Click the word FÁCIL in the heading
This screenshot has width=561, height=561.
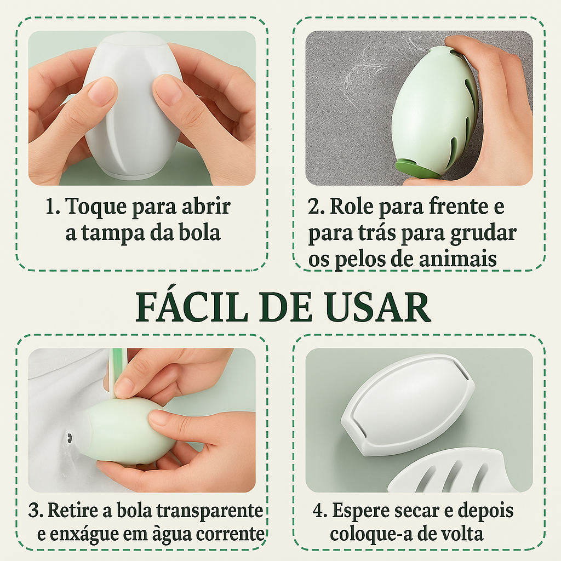point(192,307)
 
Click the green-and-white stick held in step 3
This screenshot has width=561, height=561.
point(119,372)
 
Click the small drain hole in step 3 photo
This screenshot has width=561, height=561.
point(68,437)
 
